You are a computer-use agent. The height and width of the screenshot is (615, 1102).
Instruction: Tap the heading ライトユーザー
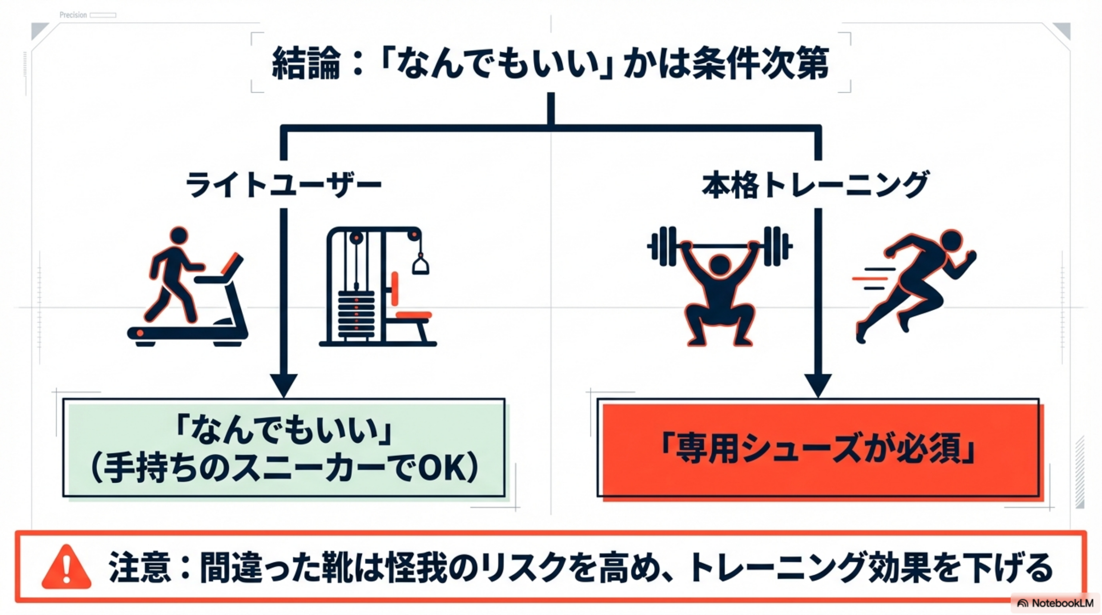pyautogui.click(x=283, y=185)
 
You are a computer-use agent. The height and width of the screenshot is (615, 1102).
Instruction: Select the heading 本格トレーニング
pyautogui.click(x=815, y=185)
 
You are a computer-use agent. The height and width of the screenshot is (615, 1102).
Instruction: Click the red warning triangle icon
pyautogui.click(x=66, y=568)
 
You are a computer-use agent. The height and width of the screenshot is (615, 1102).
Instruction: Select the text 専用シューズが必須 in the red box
pyautogui.click(x=818, y=450)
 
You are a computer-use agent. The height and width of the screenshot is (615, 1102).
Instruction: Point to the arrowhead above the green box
pyautogui.click(x=284, y=385)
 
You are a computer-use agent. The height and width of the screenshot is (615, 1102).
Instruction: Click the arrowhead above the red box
pyautogui.click(x=818, y=385)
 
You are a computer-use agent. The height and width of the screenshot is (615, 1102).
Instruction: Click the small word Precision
pyautogui.click(x=73, y=15)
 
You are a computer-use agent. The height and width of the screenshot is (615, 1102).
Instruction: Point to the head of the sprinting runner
pyautogui.click(x=952, y=240)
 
